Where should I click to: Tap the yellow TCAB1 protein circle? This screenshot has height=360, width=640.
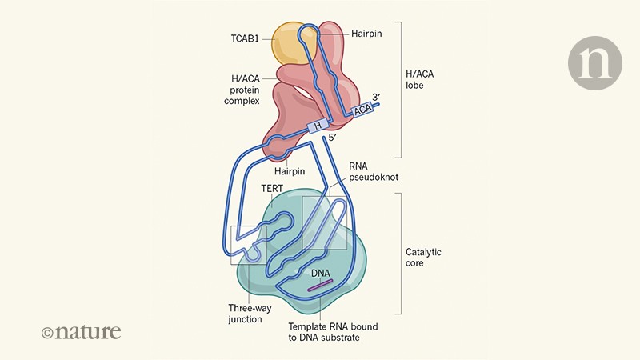pos(289,43)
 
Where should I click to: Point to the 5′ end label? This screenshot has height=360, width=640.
pos(335,139)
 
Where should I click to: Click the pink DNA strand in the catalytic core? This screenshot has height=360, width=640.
pos(320,286)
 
